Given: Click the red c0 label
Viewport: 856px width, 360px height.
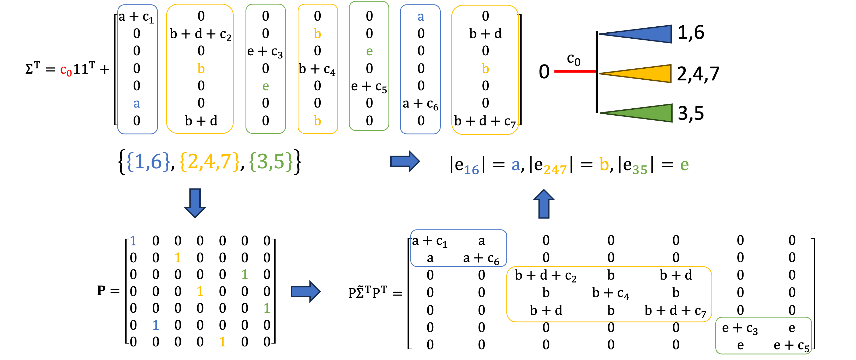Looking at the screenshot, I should click(66, 70).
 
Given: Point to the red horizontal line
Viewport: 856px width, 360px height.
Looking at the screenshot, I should click(574, 71).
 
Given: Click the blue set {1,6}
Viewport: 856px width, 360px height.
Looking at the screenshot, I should click(148, 162).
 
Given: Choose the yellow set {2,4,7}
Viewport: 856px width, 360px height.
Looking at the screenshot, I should click(209, 162).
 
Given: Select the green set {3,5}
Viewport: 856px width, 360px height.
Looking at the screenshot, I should click(271, 162).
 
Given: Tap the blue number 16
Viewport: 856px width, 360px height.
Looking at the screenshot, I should click(471, 170).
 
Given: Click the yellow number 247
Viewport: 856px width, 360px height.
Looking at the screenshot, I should click(555, 170).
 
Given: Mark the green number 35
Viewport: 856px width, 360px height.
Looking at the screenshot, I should click(640, 170).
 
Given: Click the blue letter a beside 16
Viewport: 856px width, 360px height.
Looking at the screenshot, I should click(515, 165).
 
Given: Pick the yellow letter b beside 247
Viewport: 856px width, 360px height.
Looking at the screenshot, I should click(604, 164).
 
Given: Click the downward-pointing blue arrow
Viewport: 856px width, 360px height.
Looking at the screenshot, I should click(195, 202).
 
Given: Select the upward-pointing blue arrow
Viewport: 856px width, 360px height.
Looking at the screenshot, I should click(544, 204).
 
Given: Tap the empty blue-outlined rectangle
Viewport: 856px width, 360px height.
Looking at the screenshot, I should click(459, 248).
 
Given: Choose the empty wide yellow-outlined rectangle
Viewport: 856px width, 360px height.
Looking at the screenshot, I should click(609, 294).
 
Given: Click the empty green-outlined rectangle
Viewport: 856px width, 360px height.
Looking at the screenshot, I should click(763, 335).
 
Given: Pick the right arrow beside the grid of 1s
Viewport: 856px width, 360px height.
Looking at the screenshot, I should click(305, 292).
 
